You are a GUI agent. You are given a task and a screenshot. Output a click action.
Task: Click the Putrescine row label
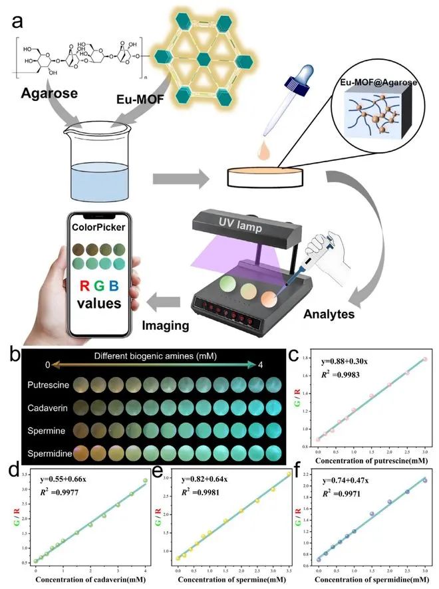tap(45, 385)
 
